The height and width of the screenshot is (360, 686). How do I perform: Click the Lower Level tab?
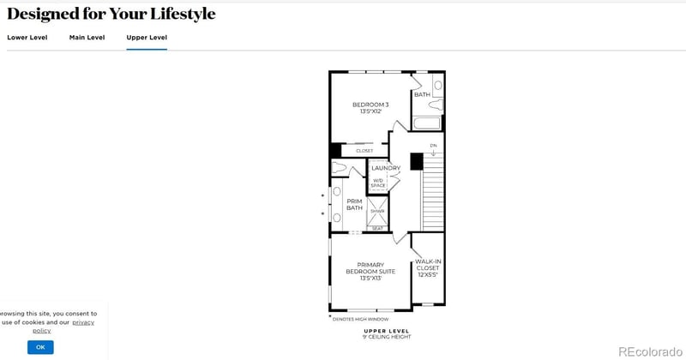tap(27, 38)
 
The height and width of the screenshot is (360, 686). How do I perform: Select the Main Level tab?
tap(87, 38)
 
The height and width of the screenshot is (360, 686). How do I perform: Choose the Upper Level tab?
tap(147, 38)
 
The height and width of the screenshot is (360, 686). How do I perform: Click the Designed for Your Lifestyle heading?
tap(111, 14)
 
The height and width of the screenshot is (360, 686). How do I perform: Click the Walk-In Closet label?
tap(427, 267)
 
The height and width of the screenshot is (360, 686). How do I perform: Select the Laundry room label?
tap(386, 168)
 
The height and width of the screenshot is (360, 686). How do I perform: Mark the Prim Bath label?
tap(354, 205)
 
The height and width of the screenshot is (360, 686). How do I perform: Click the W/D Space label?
tap(378, 183)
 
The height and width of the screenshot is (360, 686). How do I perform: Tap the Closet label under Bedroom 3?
tap(364, 151)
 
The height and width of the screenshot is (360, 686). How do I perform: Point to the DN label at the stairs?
tap(433, 146)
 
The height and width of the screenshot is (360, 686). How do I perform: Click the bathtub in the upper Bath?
tap(426, 123)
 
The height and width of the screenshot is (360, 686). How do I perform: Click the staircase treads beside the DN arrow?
tap(433, 197)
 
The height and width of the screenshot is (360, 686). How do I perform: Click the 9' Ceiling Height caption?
tap(387, 337)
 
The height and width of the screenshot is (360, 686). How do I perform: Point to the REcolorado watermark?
tap(650, 351)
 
